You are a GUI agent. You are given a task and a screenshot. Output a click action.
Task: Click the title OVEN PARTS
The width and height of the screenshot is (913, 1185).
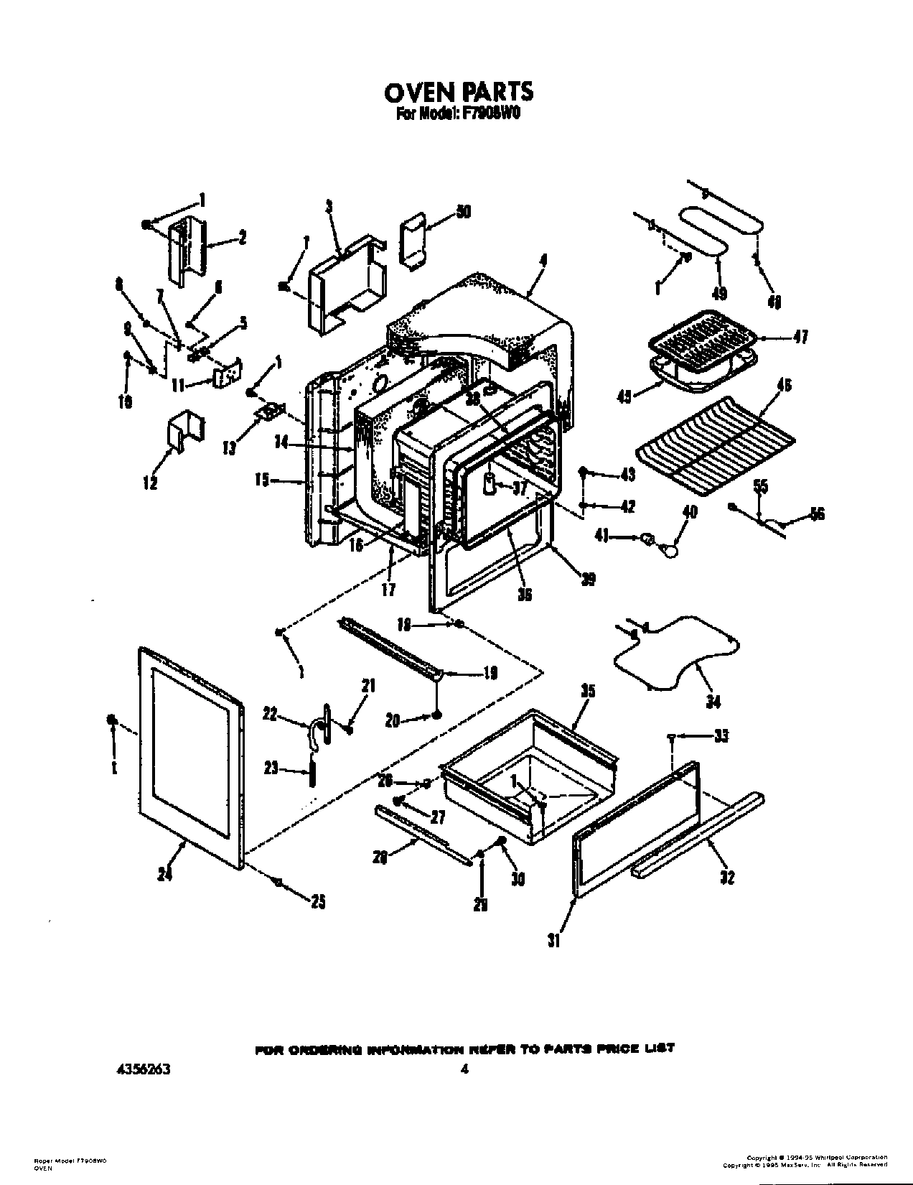pos(459,92)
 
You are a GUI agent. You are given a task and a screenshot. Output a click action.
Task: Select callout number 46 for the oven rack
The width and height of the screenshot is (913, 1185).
pos(784,386)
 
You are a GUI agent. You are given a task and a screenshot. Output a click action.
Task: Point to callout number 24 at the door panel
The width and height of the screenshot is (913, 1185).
pos(164,875)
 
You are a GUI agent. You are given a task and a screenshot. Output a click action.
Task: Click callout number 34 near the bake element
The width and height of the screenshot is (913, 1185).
pos(713,701)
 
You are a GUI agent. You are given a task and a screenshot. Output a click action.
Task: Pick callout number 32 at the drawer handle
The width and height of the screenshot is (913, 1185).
pos(727,877)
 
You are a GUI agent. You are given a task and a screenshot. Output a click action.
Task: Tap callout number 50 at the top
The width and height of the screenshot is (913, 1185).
pos(463,212)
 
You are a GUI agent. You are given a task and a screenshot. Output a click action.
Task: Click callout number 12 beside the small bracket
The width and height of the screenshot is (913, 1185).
pos(150,483)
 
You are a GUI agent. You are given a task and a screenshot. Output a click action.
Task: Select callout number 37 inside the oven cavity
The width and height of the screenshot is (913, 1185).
pos(520,488)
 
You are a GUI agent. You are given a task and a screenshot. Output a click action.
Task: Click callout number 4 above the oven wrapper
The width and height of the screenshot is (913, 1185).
pos(543,264)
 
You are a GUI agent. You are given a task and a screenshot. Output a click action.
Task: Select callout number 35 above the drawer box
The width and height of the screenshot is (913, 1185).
pos(588,692)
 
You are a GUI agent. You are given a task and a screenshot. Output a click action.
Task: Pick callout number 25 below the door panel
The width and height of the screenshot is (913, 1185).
pos(317,903)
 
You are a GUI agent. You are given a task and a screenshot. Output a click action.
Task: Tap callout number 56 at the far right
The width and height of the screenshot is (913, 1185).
pos(816,513)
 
